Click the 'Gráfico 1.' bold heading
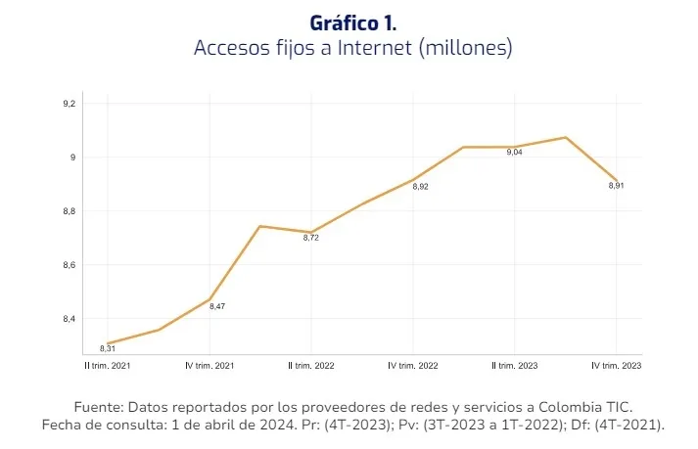pyautogui.click(x=353, y=22)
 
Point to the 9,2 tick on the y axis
pyautogui.click(x=69, y=104)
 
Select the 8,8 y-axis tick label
pyautogui.click(x=69, y=211)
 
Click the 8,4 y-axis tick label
pyautogui.click(x=69, y=319)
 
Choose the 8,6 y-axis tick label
pyautogui.click(x=69, y=265)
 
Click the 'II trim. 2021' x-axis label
pyautogui.click(x=107, y=365)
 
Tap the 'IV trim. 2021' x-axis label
pyautogui.click(x=209, y=365)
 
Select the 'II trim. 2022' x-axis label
pyautogui.click(x=310, y=365)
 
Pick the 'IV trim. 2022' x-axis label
pyautogui.click(x=412, y=365)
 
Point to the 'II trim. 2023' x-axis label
pyautogui.click(x=514, y=365)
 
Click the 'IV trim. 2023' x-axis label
pyautogui.click(x=616, y=365)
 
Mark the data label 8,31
pyautogui.click(x=108, y=348)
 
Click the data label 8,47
pyautogui.click(x=216, y=307)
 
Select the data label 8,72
pyautogui.click(x=311, y=237)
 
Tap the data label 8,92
pyautogui.click(x=420, y=186)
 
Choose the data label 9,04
pyautogui.click(x=515, y=153)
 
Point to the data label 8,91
pyautogui.click(x=616, y=186)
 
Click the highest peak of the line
pyautogui.click(x=565, y=138)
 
